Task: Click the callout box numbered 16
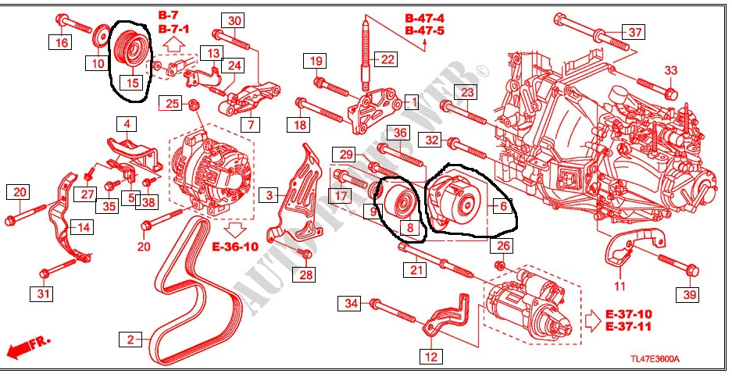62,42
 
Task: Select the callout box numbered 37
635,32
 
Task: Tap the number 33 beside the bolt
671,71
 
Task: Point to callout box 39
688,293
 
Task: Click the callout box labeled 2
130,340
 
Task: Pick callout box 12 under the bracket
430,357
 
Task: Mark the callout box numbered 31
41,293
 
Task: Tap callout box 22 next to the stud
388,58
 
